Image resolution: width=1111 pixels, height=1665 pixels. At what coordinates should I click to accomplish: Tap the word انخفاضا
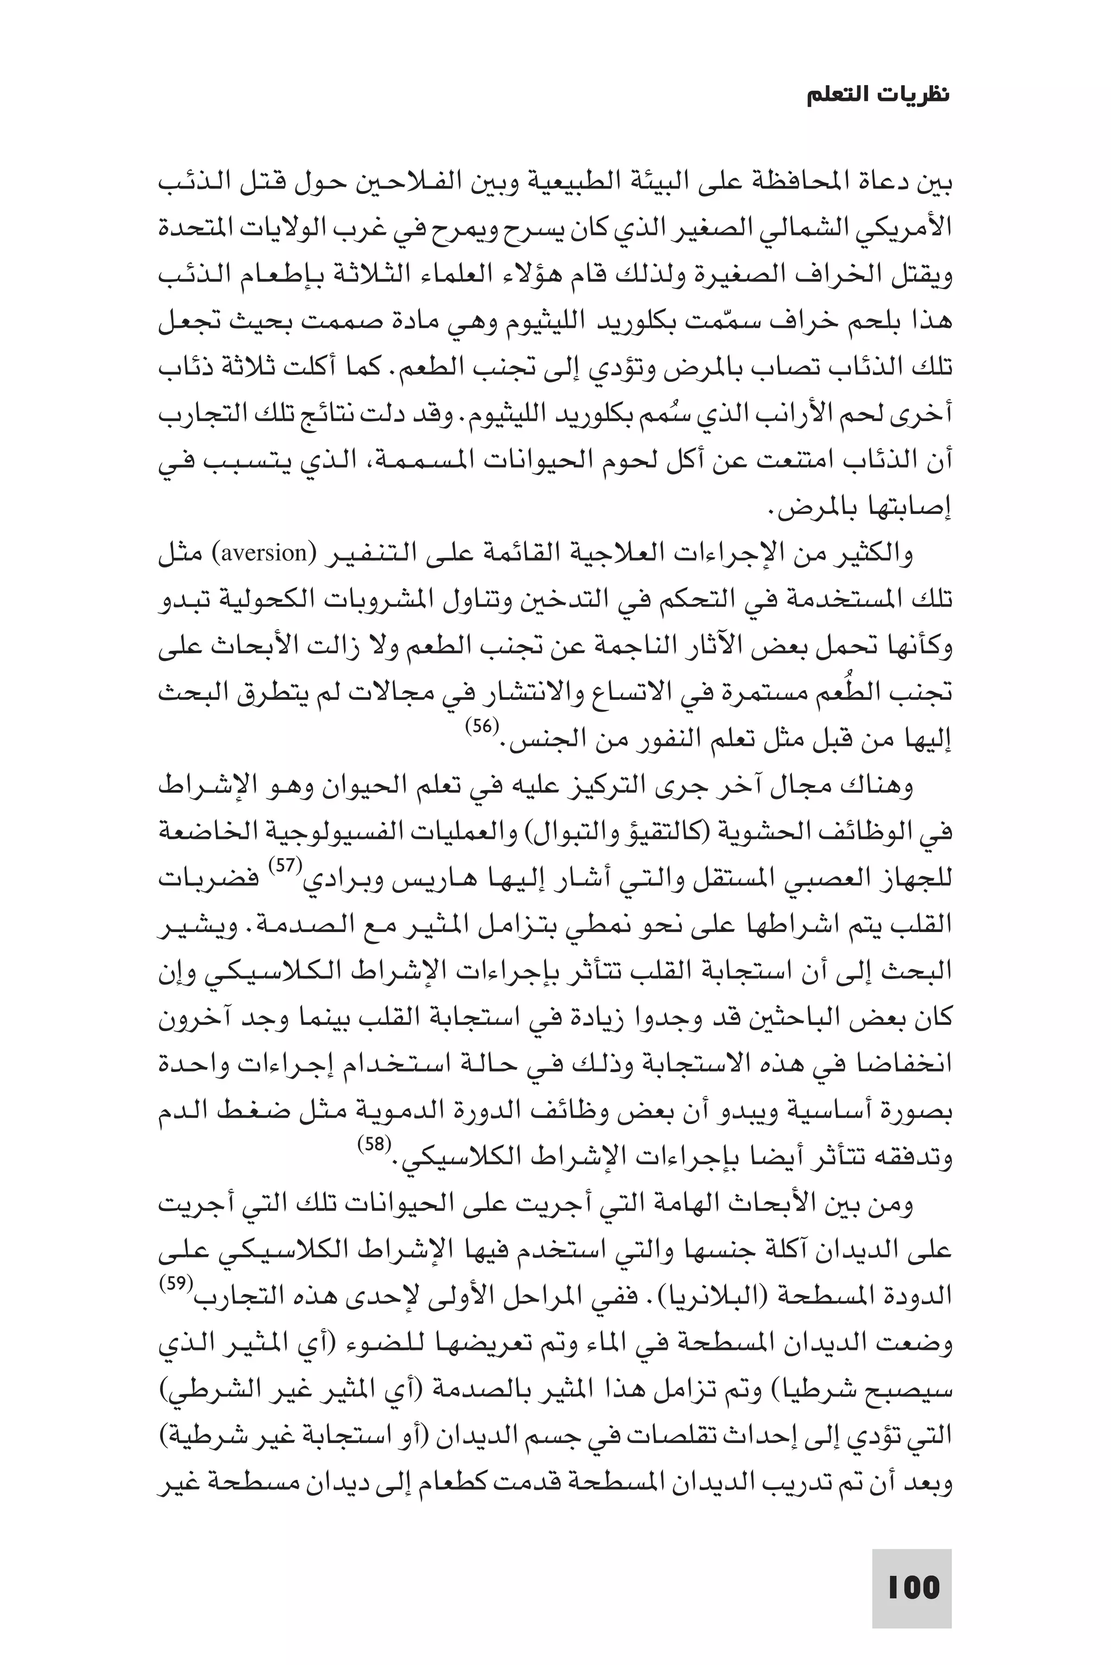(x=900, y=1064)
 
